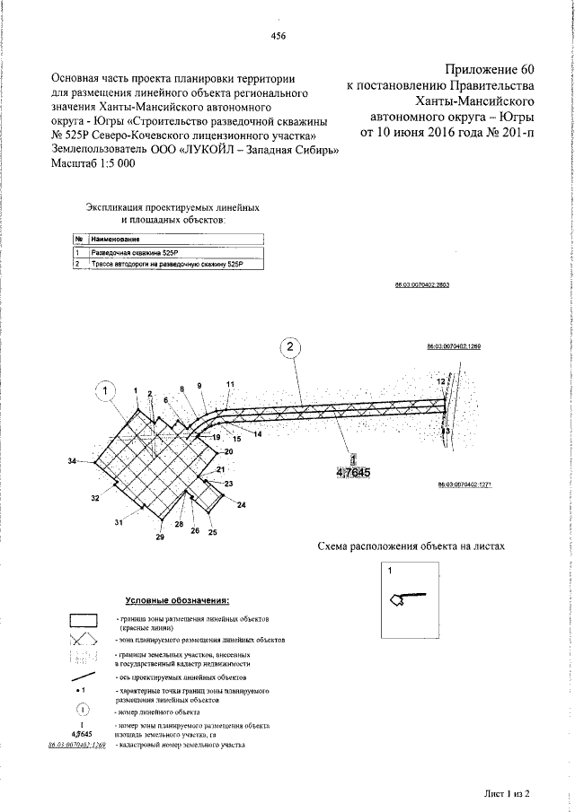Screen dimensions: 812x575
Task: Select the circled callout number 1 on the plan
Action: tap(107, 390)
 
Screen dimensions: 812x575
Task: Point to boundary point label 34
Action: tap(73, 461)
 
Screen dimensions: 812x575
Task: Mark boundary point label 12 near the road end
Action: tap(440, 381)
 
